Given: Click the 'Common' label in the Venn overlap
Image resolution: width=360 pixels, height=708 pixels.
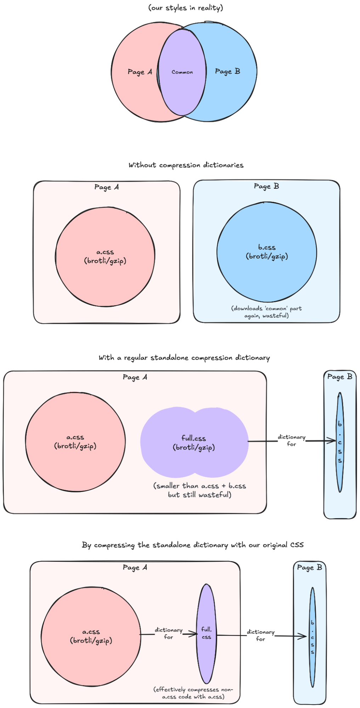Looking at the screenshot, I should (x=182, y=72).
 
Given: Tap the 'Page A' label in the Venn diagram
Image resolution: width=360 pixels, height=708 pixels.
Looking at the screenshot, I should (x=140, y=72).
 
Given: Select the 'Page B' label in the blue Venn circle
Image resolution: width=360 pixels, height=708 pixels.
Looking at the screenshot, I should (x=227, y=72).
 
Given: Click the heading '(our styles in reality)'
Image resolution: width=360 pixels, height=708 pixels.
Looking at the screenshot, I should (x=186, y=8).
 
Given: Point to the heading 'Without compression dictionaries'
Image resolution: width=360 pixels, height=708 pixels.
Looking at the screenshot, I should (x=186, y=165).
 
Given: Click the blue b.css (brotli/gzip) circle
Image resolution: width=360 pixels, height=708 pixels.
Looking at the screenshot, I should (x=267, y=269).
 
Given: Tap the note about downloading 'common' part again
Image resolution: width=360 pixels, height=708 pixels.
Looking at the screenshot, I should (x=266, y=312).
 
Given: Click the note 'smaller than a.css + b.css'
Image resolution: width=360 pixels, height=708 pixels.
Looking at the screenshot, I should (x=199, y=490).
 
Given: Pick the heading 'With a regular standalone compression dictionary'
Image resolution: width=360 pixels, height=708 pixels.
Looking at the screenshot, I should (x=184, y=358).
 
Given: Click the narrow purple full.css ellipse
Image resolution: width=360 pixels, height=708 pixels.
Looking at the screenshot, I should (x=206, y=655).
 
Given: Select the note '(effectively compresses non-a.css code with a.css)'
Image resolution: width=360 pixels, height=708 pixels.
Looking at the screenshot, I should (x=193, y=693).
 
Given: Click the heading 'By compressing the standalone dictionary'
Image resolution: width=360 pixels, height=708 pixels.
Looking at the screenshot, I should (x=193, y=545).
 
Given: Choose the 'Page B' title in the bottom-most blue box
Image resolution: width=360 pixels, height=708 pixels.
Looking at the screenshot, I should (x=309, y=567).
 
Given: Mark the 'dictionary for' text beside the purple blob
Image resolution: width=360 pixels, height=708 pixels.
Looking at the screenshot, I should (x=291, y=441).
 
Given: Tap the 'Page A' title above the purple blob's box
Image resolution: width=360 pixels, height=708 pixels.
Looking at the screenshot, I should (x=135, y=377).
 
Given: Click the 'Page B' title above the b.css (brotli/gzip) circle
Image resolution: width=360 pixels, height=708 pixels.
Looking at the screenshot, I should (x=266, y=186).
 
